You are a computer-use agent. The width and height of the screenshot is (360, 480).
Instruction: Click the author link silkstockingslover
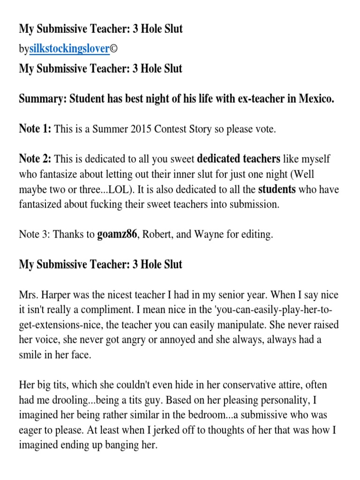point(69,49)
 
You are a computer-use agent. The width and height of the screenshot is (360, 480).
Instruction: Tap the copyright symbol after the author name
point(113,49)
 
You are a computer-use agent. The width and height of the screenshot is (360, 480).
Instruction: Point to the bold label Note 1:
point(35,129)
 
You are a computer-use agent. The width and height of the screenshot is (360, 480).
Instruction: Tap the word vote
point(265,129)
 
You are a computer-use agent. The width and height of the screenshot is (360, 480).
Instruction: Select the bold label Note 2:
point(35,159)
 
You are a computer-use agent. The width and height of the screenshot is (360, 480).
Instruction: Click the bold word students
point(278,189)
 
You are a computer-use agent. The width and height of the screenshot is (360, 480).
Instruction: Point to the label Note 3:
point(34,235)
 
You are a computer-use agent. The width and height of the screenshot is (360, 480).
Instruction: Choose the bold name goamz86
point(116,235)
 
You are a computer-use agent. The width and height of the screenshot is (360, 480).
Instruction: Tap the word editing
point(256,235)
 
